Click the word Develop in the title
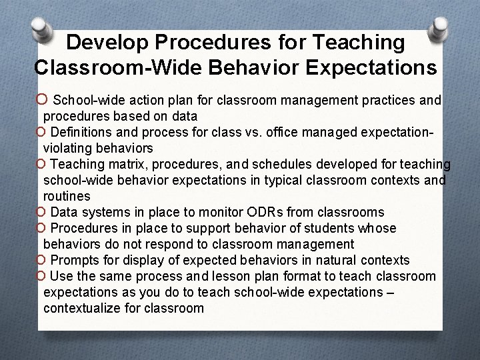[x=103, y=43]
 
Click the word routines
[x=67, y=197]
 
